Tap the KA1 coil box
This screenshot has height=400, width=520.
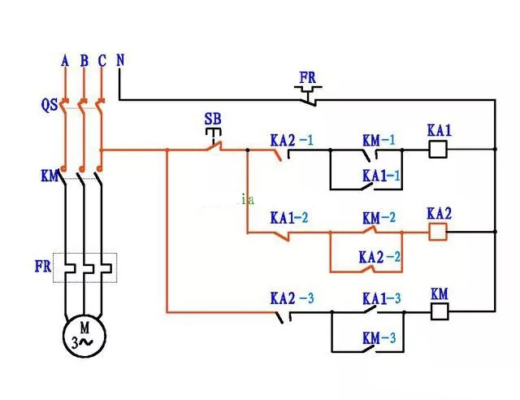pos(440,149)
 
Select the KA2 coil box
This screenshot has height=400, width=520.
pos(440,232)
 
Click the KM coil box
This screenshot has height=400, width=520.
pos(440,310)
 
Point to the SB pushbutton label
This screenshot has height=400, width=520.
pos(212,120)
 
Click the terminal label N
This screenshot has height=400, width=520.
pos(120,60)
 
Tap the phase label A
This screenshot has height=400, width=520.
pos(65,60)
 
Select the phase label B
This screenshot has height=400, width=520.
pos(84,60)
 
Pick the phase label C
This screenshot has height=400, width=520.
pos(102,60)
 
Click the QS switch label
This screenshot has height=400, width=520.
pos(48,104)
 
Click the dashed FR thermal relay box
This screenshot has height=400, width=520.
pos(84,267)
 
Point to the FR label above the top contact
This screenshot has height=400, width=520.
pos(307,78)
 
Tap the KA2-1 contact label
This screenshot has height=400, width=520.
pos(292,140)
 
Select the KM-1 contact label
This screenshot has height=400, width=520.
pos(379,140)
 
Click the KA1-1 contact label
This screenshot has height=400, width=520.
pos(382,176)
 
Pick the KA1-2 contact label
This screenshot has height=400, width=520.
pos(289,218)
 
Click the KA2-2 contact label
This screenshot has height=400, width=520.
pos(379,256)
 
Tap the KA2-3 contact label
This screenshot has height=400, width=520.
pos(292,297)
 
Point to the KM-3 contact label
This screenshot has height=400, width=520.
pos(380,337)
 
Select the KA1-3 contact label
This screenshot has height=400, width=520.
pos(382,297)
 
